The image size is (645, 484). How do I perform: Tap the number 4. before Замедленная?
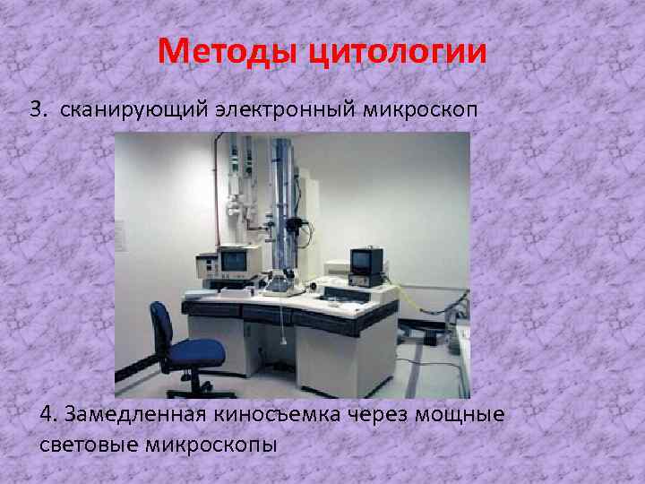(49, 415)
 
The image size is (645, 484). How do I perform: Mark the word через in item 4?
(366, 415)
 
